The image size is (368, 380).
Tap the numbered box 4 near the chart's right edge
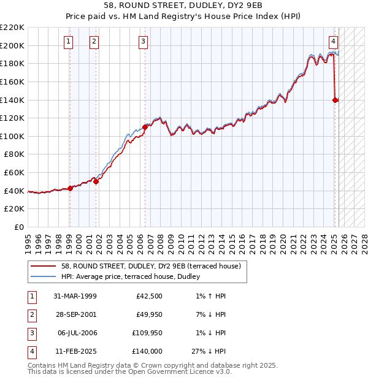click(x=333, y=42)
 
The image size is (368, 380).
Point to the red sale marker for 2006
click(x=145, y=127)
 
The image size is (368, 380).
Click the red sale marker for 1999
click(x=70, y=188)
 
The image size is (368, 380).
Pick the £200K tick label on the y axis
click(x=12, y=45)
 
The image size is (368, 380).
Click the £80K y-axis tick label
click(x=14, y=154)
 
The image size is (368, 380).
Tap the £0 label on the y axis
click(x=18, y=227)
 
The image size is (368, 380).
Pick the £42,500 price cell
click(x=149, y=296)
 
